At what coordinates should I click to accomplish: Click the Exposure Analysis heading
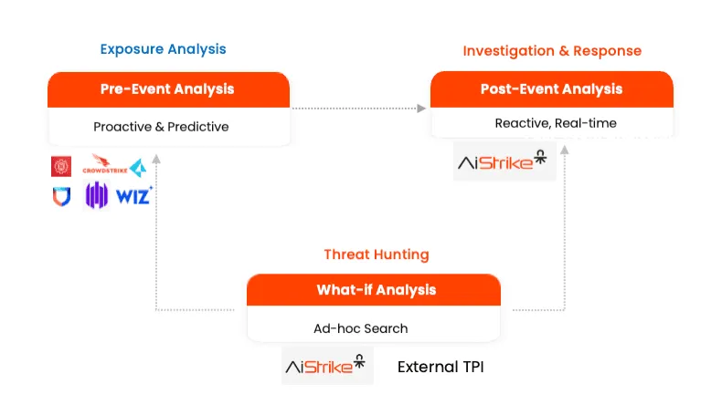point(163,49)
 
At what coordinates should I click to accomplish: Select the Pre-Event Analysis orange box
point(168,89)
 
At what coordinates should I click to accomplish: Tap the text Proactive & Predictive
point(161,127)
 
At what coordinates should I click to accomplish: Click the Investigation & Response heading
point(552,51)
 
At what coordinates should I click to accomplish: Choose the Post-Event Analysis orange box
point(551,89)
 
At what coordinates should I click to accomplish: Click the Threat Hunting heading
point(376,254)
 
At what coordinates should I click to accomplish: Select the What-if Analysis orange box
point(376,290)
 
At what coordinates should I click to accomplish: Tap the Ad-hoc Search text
point(367,328)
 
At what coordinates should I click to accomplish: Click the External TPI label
point(440,368)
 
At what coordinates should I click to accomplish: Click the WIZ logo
point(133,195)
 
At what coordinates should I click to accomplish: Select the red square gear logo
point(61,166)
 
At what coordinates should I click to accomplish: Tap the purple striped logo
point(97,195)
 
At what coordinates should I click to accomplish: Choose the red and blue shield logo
point(60,195)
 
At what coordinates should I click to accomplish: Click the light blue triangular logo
point(137,167)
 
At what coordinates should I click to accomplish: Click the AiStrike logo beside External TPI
point(324,368)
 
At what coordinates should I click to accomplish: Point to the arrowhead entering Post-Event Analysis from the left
point(421,109)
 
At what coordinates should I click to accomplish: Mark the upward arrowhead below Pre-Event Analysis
point(156,159)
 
